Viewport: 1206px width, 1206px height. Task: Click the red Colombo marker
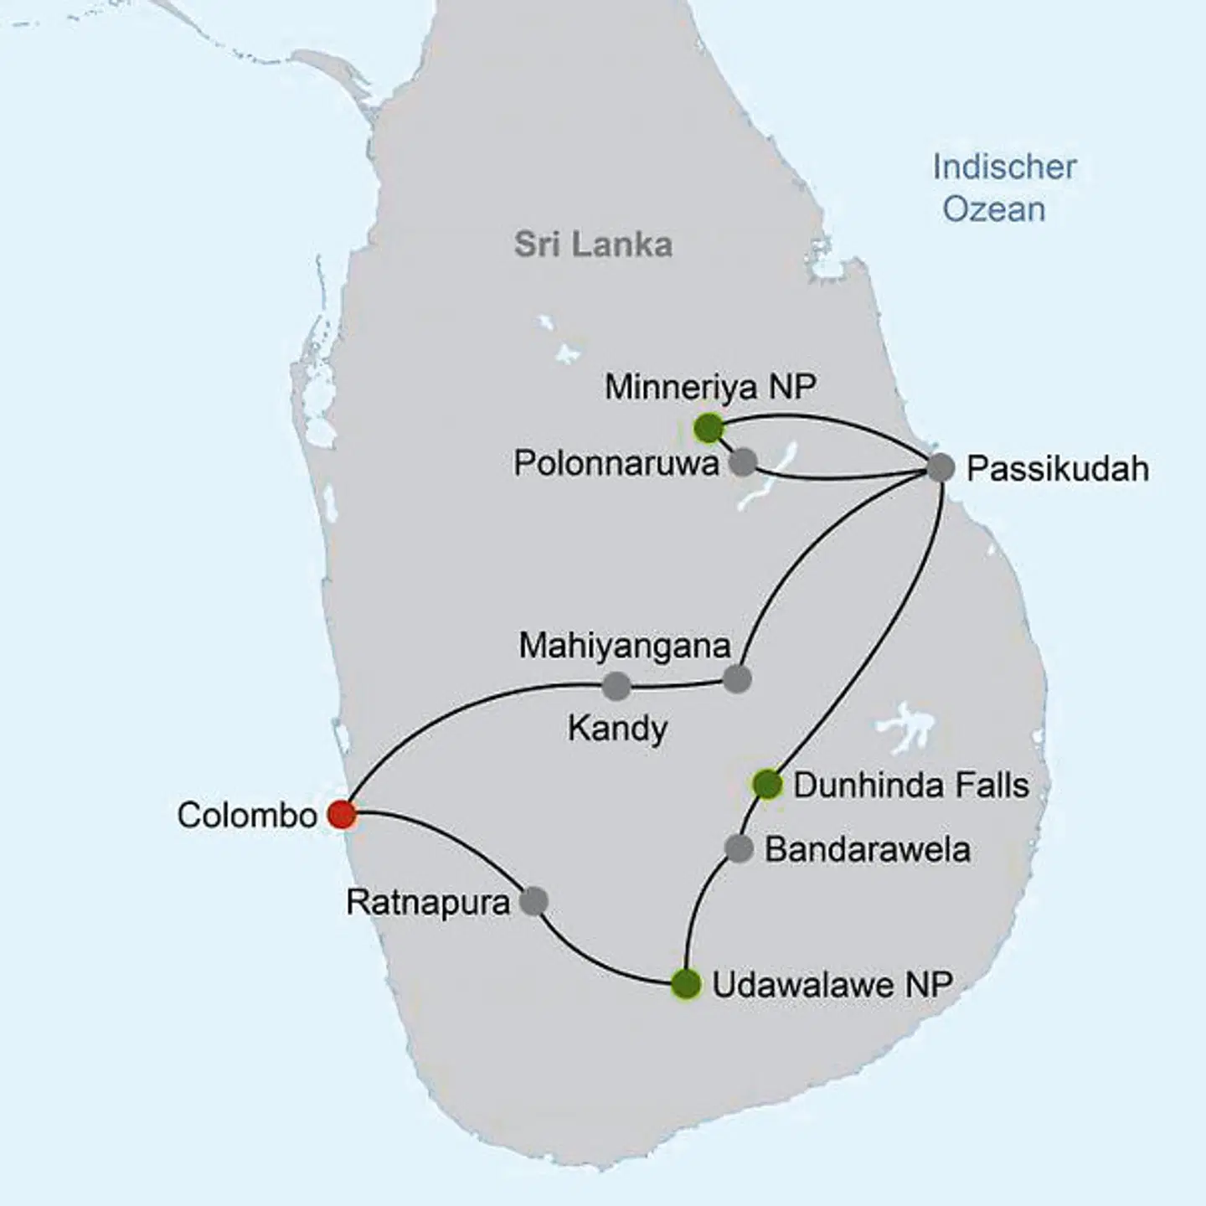coord(341,813)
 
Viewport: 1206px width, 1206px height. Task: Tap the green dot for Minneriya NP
coord(709,428)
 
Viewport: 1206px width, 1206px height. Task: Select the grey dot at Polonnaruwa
coord(742,461)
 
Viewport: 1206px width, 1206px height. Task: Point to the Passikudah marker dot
coord(941,467)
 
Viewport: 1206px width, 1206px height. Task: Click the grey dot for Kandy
coord(616,687)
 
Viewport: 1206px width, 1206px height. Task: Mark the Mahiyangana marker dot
coord(737,679)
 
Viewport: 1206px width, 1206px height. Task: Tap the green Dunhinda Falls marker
coord(767,785)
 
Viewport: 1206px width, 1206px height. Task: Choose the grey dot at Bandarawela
coord(739,848)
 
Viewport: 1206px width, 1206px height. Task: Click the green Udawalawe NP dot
coord(686,984)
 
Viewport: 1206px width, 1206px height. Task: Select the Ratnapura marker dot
coord(533,901)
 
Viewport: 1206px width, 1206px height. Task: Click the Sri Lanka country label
coord(593,245)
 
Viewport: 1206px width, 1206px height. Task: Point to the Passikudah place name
coord(1057,469)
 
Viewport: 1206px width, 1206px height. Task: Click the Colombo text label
coord(247,815)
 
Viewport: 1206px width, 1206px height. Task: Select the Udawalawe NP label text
coord(832,985)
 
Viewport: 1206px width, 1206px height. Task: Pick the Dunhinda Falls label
coord(910,786)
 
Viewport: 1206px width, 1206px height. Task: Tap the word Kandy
coord(617,729)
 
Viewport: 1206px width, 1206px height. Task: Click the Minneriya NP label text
coord(710,387)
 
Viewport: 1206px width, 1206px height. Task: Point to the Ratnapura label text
coord(428,903)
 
